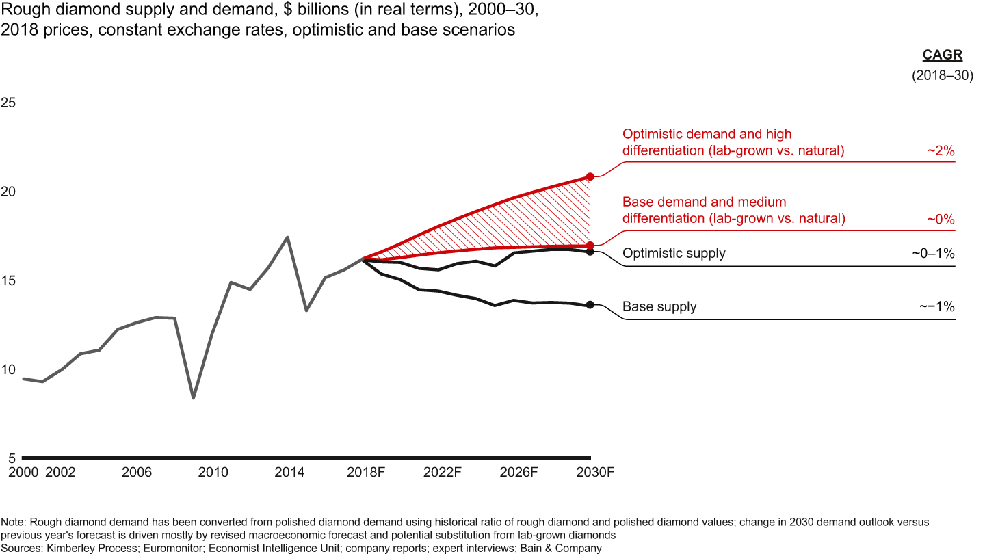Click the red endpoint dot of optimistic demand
[590, 176]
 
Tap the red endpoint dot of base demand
[590, 245]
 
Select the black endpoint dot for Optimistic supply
[590, 252]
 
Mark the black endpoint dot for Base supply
[590, 305]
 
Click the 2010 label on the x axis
[213, 473]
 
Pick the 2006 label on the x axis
[136, 473]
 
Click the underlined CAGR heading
[938, 56]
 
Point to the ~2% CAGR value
[941, 151]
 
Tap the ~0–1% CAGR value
[932, 254]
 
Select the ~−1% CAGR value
[936, 307]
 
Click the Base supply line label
[659, 307]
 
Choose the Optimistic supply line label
[674, 254]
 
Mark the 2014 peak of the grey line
[287, 237]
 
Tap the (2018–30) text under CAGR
[942, 77]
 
